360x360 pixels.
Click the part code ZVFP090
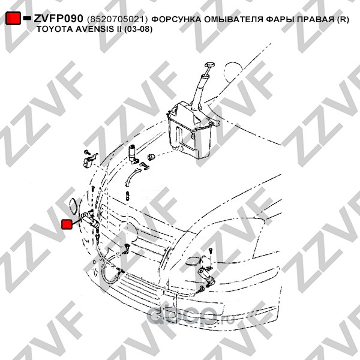(58, 19)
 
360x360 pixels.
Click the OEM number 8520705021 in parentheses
(117, 20)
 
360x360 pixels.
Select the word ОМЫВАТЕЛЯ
(233, 19)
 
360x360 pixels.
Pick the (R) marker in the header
(343, 20)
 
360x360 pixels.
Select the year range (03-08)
(138, 29)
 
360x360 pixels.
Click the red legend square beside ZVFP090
(13, 18)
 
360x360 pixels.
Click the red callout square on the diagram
(67, 224)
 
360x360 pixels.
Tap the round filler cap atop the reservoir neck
(209, 65)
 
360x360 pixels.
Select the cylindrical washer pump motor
(133, 154)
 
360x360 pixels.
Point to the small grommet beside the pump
(152, 157)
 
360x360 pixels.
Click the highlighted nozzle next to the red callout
(91, 220)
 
